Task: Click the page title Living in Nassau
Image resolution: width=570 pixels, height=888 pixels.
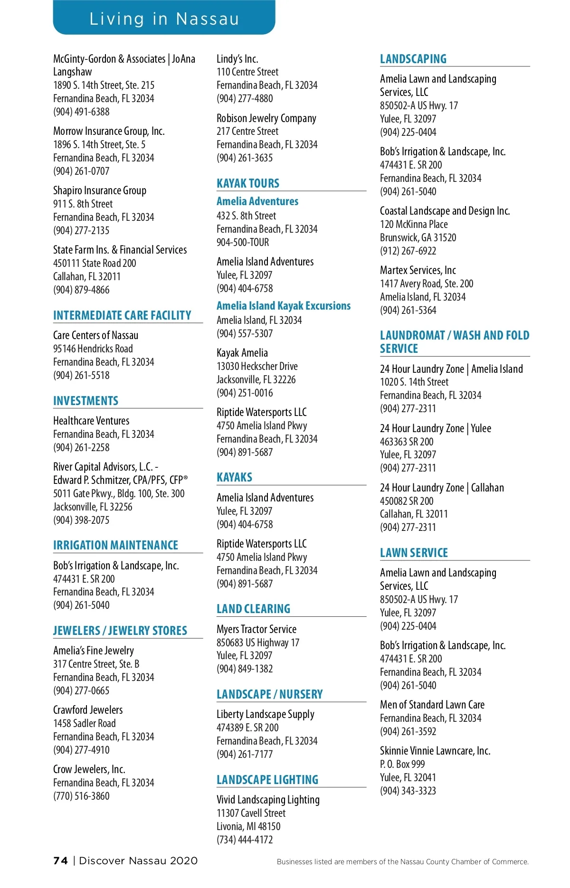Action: [x=164, y=19]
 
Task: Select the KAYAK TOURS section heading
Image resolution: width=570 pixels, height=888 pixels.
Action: [x=248, y=183]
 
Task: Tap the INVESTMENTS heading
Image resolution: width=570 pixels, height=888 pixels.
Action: [x=86, y=401]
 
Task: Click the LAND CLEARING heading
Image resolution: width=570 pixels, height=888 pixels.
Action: [x=253, y=609]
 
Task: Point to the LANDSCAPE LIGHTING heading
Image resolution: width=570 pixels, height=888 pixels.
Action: [x=267, y=780]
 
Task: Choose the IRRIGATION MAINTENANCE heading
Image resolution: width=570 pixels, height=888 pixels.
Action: [x=116, y=545]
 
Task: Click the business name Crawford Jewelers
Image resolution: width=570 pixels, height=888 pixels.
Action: [x=88, y=710]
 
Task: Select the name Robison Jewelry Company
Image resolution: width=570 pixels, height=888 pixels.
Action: [x=266, y=118]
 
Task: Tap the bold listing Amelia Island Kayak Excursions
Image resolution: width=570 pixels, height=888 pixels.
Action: [x=284, y=306]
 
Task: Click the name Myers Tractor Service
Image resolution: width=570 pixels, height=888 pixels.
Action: [x=256, y=629]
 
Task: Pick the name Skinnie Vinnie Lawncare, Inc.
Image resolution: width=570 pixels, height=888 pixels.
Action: [x=435, y=751]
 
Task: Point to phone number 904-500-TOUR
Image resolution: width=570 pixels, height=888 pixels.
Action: [x=243, y=242]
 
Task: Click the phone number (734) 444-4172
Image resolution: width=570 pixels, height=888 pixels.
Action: [x=245, y=840]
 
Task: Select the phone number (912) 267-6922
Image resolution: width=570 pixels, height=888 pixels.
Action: [x=408, y=251]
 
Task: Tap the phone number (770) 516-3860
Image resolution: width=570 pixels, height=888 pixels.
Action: [x=81, y=796]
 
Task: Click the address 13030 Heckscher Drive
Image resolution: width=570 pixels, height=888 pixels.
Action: [x=257, y=366]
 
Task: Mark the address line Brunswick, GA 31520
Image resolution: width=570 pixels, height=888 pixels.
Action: [x=418, y=237]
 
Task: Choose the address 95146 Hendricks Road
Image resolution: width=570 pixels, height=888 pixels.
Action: [x=93, y=349]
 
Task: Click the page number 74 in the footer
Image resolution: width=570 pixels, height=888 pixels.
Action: [x=61, y=861]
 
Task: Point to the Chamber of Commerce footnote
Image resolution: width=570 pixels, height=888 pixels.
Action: [x=402, y=862]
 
